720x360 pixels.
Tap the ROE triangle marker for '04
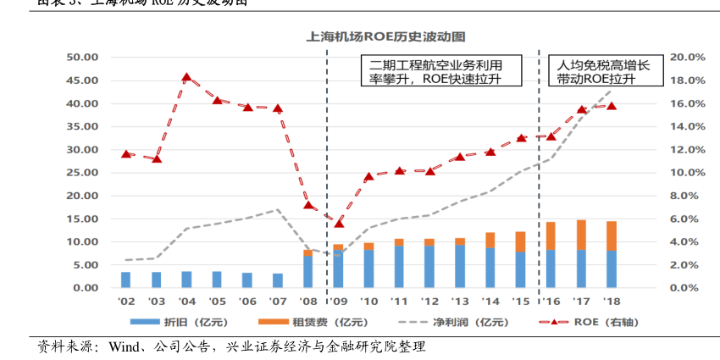(186, 78)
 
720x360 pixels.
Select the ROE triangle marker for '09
(339, 223)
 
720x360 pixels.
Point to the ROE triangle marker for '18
(612, 106)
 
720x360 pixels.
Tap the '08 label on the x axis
(308, 302)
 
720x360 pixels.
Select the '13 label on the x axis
(460, 302)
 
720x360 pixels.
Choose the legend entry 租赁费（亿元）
(306, 322)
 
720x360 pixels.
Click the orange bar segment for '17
(581, 235)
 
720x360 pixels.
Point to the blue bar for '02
(125, 280)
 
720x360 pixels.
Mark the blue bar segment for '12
(429, 267)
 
